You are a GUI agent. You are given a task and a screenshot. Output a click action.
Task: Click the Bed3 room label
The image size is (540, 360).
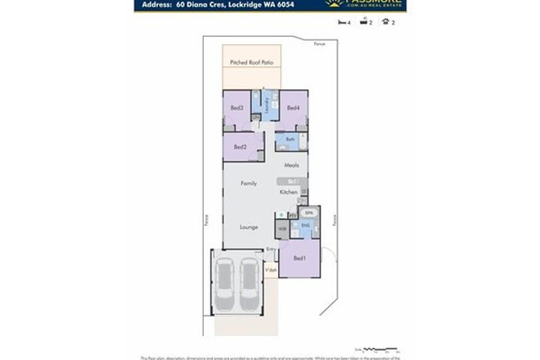[236, 107]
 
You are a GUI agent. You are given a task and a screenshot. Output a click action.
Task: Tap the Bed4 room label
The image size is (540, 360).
[293, 107]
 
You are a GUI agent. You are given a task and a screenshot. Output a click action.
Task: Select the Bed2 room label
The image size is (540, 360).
[240, 147]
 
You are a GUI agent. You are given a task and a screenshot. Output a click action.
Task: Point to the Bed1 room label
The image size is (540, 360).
[300, 259]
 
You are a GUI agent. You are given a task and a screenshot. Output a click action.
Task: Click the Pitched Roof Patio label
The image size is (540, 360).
[251, 61]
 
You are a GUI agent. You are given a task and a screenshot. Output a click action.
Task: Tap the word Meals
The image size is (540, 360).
[291, 165]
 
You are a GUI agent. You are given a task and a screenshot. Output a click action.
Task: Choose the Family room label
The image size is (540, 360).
[248, 183]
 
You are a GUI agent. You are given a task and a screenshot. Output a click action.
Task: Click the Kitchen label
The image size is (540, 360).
[288, 192]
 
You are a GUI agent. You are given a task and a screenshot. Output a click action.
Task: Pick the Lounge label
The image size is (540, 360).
[249, 227]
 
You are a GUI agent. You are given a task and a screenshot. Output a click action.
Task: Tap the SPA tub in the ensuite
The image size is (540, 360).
[309, 212]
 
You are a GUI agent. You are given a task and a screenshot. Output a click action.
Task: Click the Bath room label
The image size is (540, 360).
[290, 140]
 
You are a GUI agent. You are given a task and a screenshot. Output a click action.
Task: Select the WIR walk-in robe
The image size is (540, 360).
[282, 229]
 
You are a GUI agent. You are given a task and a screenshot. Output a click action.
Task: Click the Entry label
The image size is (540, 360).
[271, 249]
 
